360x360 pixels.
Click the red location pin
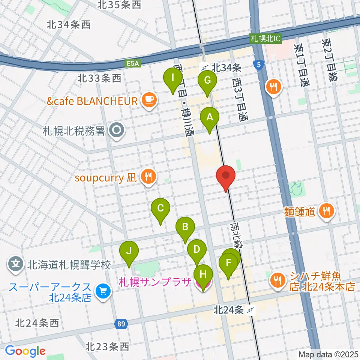click(x=226, y=177)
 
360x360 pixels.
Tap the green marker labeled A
click(x=210, y=117)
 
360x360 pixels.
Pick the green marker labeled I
click(x=173, y=78)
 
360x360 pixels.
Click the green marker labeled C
click(x=160, y=208)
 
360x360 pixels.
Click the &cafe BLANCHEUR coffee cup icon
click(x=149, y=100)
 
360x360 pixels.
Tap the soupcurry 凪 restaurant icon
click(x=149, y=176)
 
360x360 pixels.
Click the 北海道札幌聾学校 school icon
click(x=16, y=265)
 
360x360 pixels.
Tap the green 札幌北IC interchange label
click(x=266, y=39)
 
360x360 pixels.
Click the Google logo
click(x=25, y=351)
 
